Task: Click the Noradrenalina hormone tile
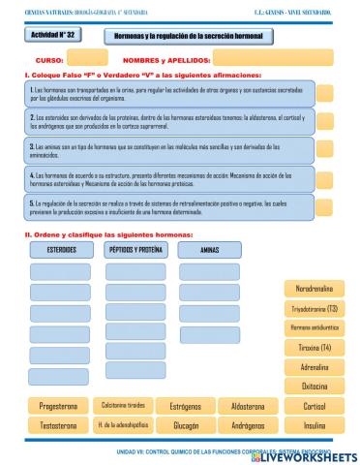click(314, 289)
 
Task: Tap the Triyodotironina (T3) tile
click(314, 309)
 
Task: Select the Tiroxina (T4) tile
click(314, 348)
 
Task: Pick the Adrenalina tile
click(314, 367)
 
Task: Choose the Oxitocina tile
click(314, 387)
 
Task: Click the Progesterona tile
click(58, 407)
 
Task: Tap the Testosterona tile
click(58, 425)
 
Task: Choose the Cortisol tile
click(314, 407)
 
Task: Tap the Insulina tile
click(314, 425)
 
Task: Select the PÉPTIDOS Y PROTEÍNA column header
click(134, 249)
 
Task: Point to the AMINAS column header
click(208, 249)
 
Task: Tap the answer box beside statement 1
click(325, 95)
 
